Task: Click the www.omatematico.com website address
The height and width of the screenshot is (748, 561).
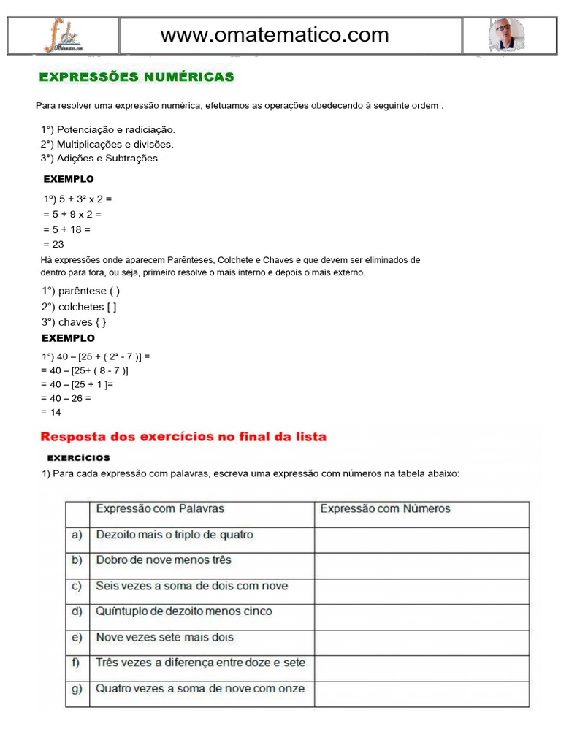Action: tap(275, 34)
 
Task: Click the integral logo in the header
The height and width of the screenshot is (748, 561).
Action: tap(64, 36)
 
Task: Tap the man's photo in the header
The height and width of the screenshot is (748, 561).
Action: tap(505, 35)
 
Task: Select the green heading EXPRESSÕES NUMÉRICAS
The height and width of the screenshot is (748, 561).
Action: tap(136, 77)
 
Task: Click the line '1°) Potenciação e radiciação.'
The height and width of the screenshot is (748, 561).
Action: tap(108, 129)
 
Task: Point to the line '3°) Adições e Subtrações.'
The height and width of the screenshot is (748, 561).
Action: tap(101, 158)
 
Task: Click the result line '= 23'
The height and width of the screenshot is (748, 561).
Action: tap(53, 245)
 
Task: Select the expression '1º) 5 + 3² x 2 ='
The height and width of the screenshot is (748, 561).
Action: tap(77, 199)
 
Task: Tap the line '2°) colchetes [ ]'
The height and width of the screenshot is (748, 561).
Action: tap(79, 307)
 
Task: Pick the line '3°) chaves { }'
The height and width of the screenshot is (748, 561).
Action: tap(77, 322)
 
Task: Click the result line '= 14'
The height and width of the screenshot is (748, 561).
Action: tap(51, 413)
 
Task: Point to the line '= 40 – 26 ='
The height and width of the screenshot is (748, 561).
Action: tap(66, 399)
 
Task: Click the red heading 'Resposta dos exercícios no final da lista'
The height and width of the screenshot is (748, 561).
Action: tap(183, 437)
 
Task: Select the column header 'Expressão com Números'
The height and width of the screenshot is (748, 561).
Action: tap(385, 509)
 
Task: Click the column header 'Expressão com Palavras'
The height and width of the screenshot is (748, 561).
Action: tap(160, 509)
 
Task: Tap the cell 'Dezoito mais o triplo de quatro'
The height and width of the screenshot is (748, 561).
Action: tap(175, 535)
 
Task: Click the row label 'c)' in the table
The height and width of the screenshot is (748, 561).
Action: tap(77, 586)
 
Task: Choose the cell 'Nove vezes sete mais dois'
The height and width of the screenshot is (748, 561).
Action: tap(165, 637)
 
